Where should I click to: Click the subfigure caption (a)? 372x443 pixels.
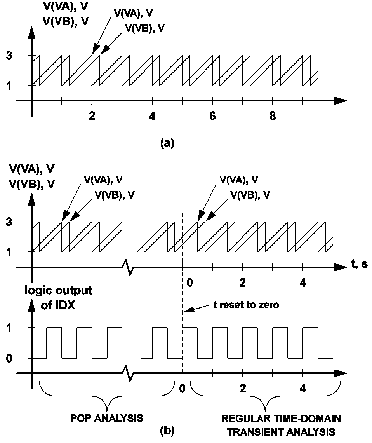pos(167,143)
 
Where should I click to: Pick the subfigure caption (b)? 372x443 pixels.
pos(167,430)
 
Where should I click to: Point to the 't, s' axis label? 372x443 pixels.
pos(360,265)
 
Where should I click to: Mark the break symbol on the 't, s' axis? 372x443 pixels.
pos(128,268)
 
